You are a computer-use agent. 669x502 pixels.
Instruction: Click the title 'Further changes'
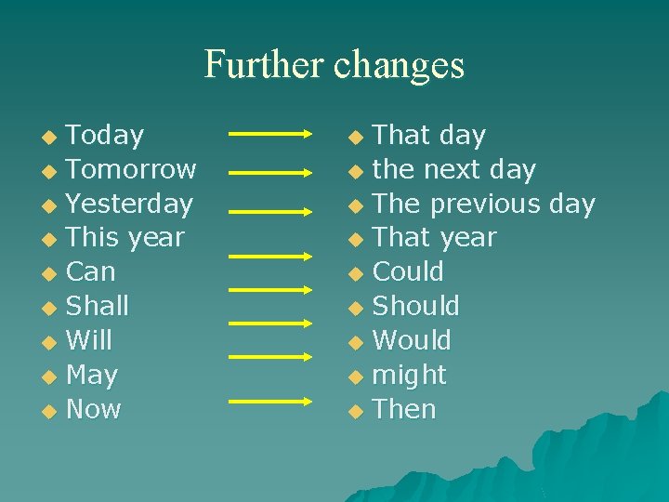[334, 64]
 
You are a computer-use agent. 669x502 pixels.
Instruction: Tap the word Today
[105, 136]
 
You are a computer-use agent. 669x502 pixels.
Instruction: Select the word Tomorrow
[131, 169]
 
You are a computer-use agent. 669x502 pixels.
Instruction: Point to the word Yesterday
[129, 204]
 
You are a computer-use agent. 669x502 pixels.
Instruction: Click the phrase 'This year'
[125, 238]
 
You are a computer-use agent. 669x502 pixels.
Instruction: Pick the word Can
[91, 272]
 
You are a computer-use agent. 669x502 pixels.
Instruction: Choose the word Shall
[98, 306]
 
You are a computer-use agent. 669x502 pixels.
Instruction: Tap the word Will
[89, 340]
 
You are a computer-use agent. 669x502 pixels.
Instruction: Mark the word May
[92, 376]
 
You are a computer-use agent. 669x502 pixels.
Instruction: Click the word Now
[94, 409]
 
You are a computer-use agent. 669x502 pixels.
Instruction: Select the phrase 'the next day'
[453, 170]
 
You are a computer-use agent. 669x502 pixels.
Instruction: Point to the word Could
[408, 272]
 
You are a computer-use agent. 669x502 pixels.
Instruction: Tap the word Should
[415, 306]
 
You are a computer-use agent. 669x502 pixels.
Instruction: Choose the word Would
[412, 340]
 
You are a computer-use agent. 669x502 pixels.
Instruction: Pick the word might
[409, 376]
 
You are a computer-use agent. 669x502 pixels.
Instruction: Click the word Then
[404, 409]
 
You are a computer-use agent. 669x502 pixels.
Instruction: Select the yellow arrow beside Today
[270, 135]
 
